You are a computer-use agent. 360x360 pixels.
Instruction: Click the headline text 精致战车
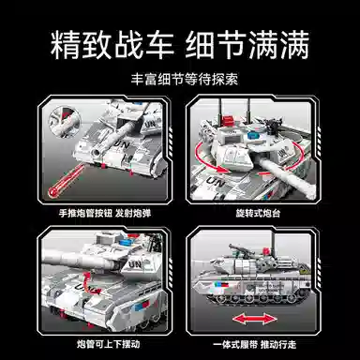point(112,45)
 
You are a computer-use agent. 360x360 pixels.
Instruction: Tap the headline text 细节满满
point(247,45)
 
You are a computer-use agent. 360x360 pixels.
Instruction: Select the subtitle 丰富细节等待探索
point(185,80)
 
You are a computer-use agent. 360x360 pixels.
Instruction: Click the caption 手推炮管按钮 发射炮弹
point(105,214)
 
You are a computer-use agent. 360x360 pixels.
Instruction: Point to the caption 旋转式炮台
point(258,214)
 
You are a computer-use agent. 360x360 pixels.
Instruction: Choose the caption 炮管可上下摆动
point(108,344)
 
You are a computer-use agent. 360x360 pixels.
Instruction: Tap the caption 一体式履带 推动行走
point(254,345)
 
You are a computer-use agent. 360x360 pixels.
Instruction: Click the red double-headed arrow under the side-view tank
point(254,320)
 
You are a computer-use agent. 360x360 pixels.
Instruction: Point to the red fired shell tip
point(53,191)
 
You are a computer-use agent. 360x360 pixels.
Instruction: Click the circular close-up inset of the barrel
point(65,121)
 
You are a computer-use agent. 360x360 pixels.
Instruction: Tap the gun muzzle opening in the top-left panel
point(96,153)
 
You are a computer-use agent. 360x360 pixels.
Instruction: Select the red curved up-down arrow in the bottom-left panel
point(89,282)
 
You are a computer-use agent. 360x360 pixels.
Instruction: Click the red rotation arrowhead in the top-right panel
point(221,169)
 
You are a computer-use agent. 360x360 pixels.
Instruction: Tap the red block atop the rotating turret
point(230,121)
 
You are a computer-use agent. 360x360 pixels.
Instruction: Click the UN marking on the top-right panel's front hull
point(215,182)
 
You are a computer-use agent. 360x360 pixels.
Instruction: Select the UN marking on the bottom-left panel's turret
point(135,265)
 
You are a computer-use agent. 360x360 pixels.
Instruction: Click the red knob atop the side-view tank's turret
point(266,250)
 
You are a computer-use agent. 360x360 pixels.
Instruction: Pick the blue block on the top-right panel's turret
point(252,136)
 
